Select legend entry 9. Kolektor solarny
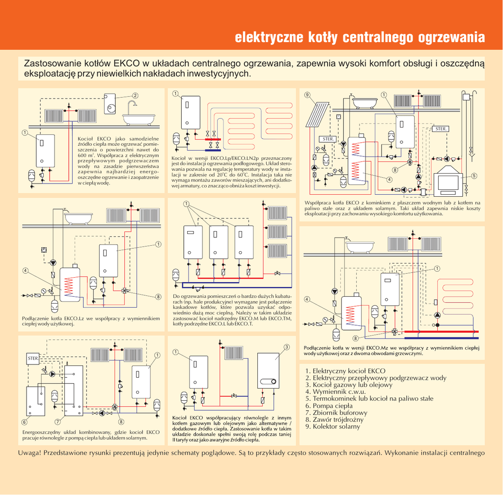333,426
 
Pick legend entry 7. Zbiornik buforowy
335,413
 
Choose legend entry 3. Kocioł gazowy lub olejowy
349,385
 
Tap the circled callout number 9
307,95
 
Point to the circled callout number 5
474,176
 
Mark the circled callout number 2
135,95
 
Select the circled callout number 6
24,422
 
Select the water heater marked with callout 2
110,104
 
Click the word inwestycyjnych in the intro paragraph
223,74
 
